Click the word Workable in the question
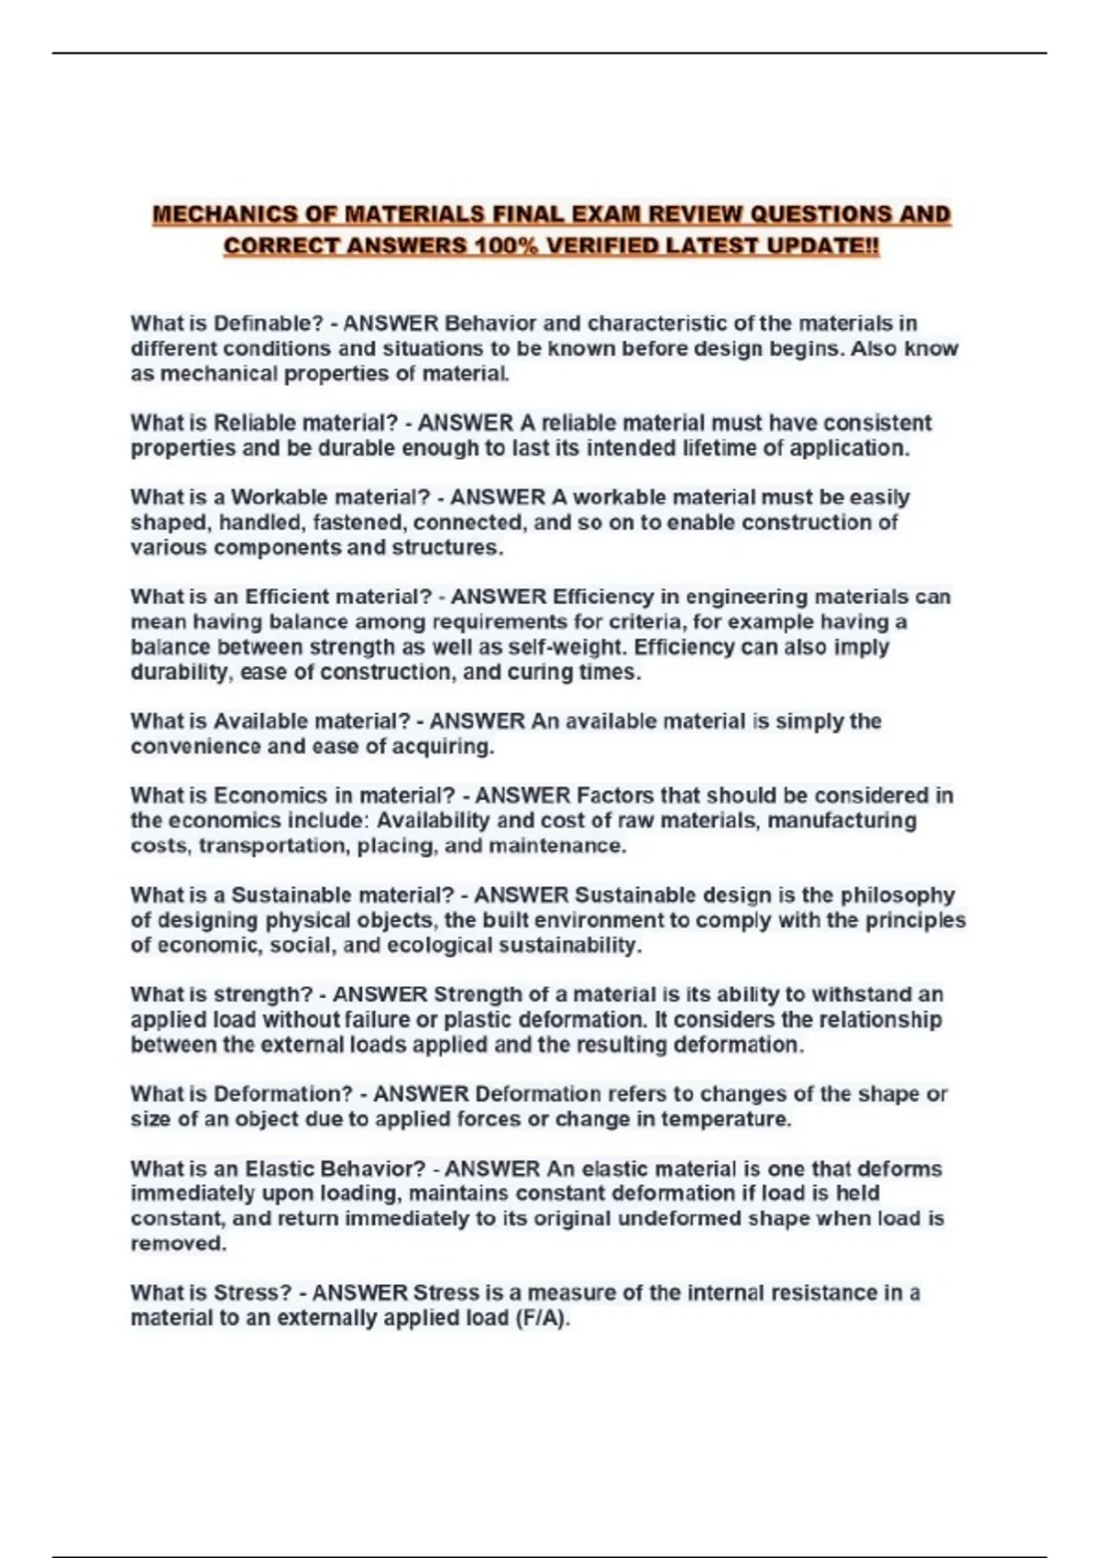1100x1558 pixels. (279, 498)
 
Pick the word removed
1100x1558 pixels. (177, 1244)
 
